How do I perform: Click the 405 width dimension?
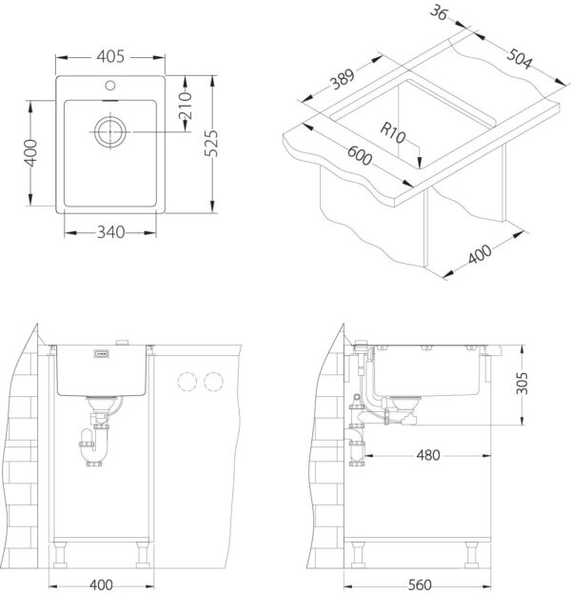pos(110,57)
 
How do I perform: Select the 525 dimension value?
pos(211,143)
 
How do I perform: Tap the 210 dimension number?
pos(186,106)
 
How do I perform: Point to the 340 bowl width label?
pos(110,232)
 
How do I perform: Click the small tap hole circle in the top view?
pos(110,86)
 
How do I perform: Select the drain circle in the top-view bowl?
pos(110,131)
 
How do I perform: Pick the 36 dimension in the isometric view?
pos(439,12)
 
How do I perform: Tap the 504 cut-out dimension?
pos(520,58)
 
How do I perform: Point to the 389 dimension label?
pos(343,79)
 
